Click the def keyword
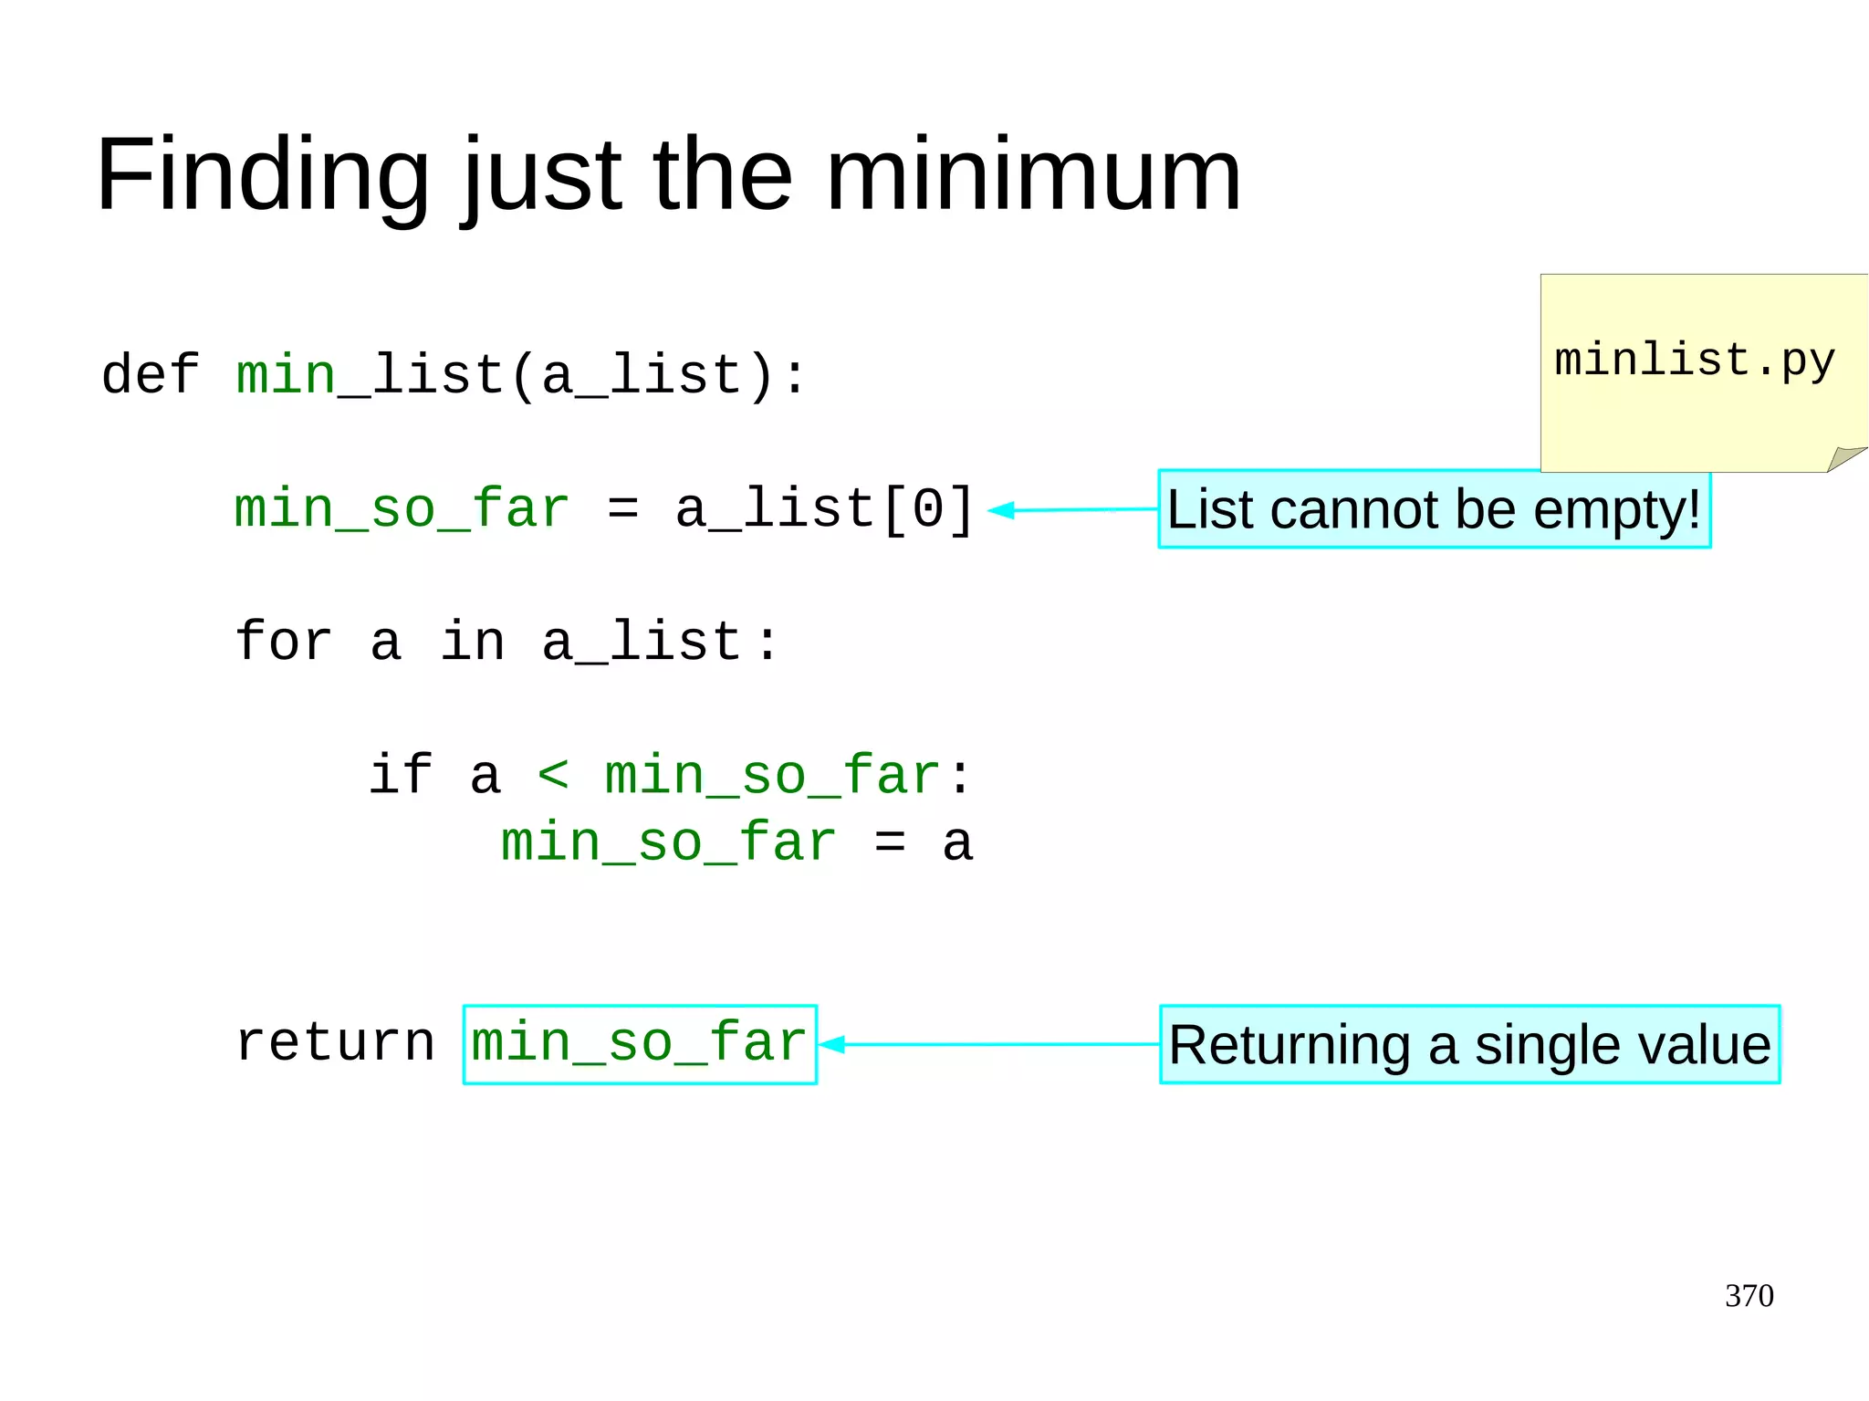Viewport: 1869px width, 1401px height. tap(150, 375)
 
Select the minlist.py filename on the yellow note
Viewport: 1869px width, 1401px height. tap(1694, 360)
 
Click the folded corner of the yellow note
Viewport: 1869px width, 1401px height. tap(1843, 457)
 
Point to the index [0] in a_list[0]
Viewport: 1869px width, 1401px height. tap(928, 508)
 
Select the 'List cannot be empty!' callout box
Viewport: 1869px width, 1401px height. tap(1434, 509)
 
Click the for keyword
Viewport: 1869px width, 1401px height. tap(283, 642)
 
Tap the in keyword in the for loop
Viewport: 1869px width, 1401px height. tap(472, 642)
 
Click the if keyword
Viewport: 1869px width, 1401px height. tap(402, 775)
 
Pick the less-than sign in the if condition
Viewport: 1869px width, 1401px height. tap(553, 775)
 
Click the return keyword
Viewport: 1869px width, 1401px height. tap(335, 1042)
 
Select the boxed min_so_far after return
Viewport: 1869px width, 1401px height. tap(639, 1044)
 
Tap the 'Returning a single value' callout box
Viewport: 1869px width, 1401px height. tap(1469, 1044)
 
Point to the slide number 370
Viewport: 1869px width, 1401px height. tap(1749, 1295)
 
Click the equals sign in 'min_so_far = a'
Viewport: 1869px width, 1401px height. tap(890, 842)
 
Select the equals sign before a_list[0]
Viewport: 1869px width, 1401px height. tap(622, 508)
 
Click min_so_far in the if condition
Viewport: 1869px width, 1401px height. tap(772, 775)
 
